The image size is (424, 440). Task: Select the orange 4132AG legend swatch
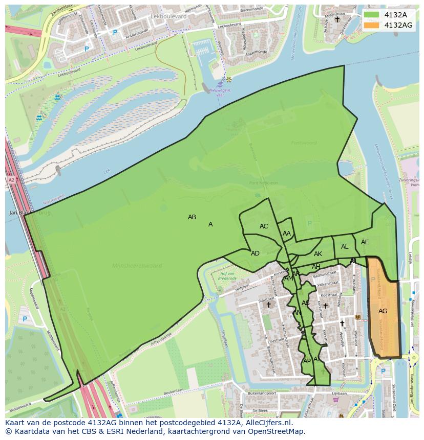(372, 25)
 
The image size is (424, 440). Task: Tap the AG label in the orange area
(383, 311)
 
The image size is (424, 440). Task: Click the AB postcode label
(192, 217)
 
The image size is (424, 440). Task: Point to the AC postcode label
(264, 226)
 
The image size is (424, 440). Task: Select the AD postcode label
(255, 253)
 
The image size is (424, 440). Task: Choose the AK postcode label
(318, 254)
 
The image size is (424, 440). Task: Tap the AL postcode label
(345, 247)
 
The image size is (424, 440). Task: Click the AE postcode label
(365, 242)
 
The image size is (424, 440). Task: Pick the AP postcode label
(307, 361)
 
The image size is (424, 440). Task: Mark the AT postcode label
(317, 359)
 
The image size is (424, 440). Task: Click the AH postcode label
(316, 267)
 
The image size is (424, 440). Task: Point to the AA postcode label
(287, 234)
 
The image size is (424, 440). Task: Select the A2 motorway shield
(11, 180)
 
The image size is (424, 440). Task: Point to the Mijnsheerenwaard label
(137, 266)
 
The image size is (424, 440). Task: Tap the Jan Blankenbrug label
(30, 213)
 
